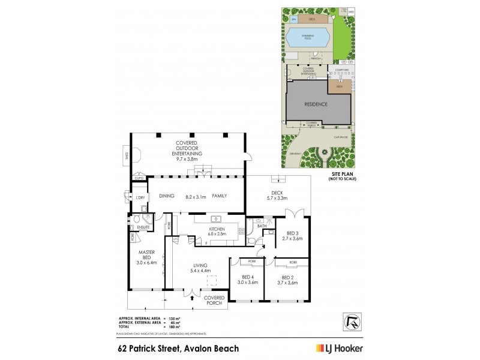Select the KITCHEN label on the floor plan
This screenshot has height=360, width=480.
(216, 229)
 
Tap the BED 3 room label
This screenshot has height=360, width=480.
(293, 233)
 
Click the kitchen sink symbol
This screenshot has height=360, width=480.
(217, 218)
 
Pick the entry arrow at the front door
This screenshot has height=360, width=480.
(191, 293)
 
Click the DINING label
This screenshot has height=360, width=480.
(166, 196)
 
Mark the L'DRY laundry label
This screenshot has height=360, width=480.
(142, 197)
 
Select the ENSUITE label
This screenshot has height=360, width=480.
(143, 227)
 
